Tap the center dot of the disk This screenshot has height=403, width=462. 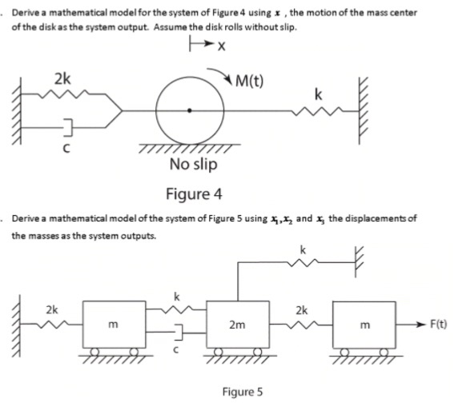[x=189, y=110]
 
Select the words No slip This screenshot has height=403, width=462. [x=192, y=165]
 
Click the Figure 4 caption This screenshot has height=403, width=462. [x=193, y=194]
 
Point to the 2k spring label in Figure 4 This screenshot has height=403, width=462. [x=62, y=78]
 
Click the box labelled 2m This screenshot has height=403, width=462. [x=236, y=325]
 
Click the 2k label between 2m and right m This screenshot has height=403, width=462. [x=301, y=309]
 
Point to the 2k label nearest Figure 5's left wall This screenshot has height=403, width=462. [x=51, y=309]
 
